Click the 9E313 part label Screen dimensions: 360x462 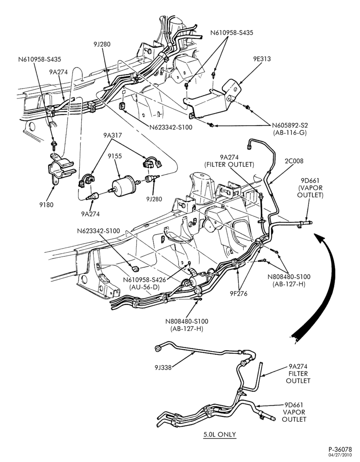coord(262,59)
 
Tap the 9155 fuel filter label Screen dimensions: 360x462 coord(114,156)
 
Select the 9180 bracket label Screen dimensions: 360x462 coord(47,205)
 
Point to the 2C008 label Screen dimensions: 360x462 coord(294,161)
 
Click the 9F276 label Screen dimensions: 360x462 coord(239,293)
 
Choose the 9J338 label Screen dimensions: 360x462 coord(163,367)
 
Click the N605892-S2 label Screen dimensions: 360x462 coord(290,125)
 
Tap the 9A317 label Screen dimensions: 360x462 coord(113,135)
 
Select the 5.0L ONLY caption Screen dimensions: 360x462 coord(220,434)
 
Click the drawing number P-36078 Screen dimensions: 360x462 coord(340,450)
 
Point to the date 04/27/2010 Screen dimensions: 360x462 coord(341,455)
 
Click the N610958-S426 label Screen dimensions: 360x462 coord(144,280)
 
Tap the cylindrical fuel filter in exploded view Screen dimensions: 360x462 coord(123,185)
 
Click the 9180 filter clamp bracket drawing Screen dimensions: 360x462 coord(61,168)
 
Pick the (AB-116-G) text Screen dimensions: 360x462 coord(290,133)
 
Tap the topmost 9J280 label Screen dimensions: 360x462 coord(102,44)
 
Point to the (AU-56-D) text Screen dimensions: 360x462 coord(144,287)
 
